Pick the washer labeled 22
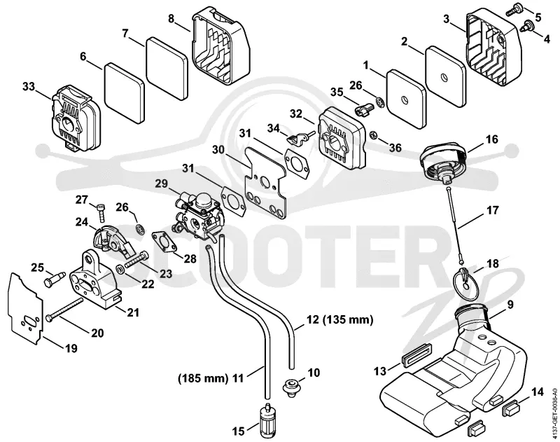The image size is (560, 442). coord(120,268)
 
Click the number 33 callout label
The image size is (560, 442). coord(29,87)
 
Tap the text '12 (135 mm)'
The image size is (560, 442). coord(340,319)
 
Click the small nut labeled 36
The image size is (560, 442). coord(375,134)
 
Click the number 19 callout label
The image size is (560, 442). coord(71,348)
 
